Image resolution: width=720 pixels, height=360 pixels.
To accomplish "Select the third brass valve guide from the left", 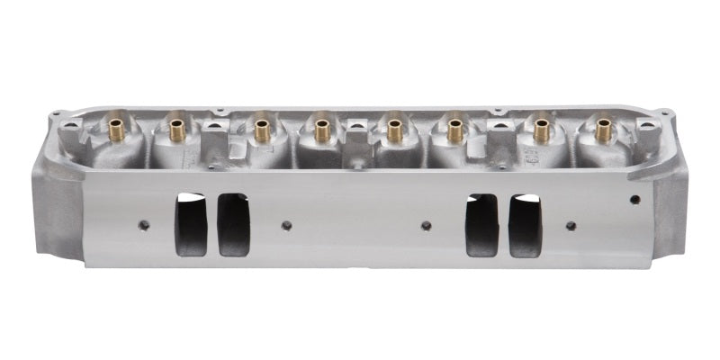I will pyautogui.click(x=262, y=130).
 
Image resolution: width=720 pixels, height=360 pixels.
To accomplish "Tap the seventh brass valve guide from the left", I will pyautogui.click(x=541, y=130).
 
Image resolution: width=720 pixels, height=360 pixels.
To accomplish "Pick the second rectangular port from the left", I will pyautogui.click(x=233, y=224).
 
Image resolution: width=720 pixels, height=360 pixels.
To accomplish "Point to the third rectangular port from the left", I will pyautogui.click(x=481, y=225).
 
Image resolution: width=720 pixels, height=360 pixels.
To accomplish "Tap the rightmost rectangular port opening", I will pyautogui.click(x=525, y=225).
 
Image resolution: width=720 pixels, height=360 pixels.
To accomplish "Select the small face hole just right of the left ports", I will pyautogui.click(x=285, y=225).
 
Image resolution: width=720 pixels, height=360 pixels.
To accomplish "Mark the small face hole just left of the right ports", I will pyautogui.click(x=426, y=225).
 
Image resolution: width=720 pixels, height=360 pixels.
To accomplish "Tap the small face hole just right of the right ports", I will pyautogui.click(x=570, y=225).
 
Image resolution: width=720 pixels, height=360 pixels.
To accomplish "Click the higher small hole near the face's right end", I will pyautogui.click(x=634, y=199).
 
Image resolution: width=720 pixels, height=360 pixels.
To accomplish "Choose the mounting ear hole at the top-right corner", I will pyautogui.click(x=665, y=113).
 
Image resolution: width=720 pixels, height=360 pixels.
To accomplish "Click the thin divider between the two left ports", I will pyautogui.click(x=211, y=224).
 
